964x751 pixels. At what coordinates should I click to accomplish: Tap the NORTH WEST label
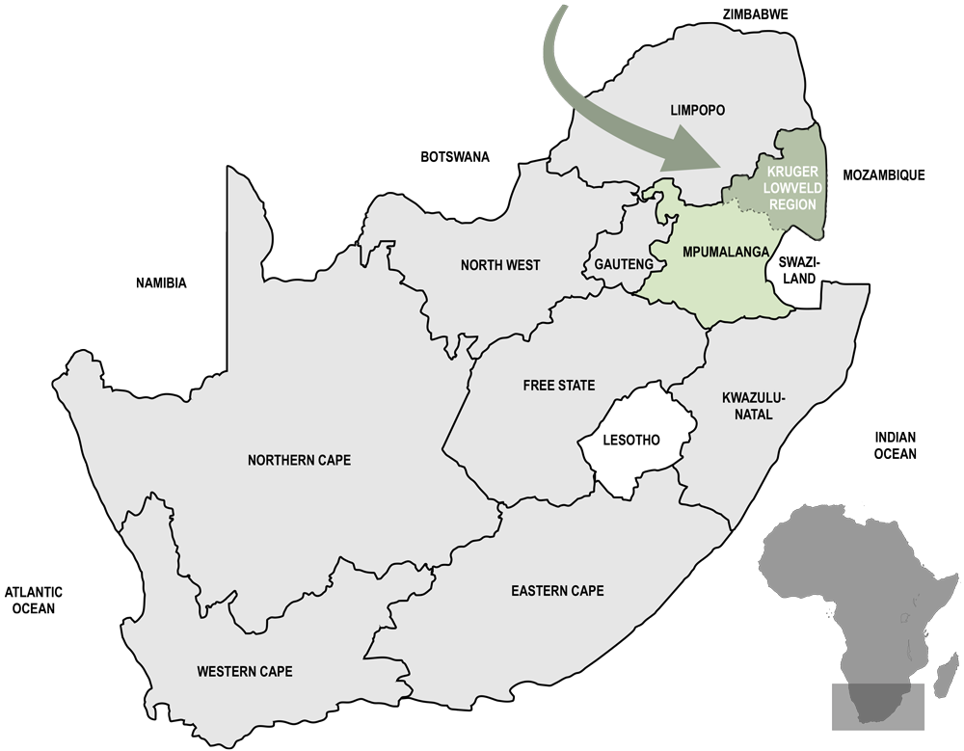500,265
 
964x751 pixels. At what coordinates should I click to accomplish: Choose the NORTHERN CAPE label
299,460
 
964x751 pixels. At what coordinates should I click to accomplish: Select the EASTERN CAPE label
558,590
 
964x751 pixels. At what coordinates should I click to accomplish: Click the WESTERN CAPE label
244,671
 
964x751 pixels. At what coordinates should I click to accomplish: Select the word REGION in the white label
791,204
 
